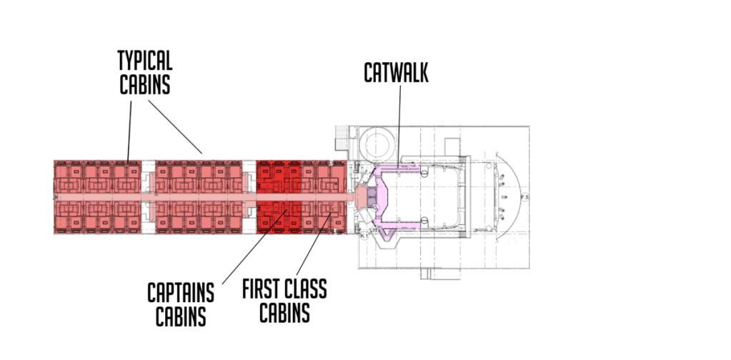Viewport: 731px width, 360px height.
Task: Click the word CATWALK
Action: [x=396, y=72]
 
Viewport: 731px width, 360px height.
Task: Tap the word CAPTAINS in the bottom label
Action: [x=181, y=291]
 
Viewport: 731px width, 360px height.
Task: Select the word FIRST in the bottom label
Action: [x=264, y=289]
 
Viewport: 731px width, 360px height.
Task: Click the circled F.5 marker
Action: [x=524, y=196]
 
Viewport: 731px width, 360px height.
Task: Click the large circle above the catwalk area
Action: [x=378, y=146]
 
